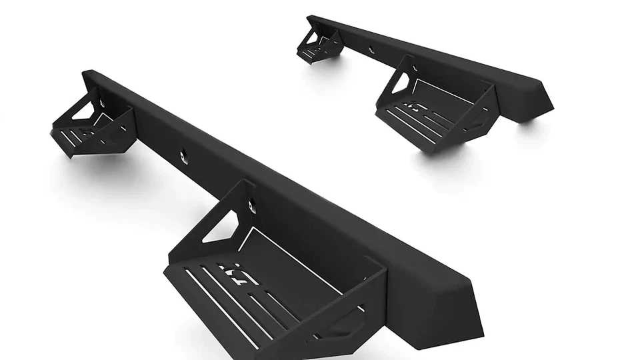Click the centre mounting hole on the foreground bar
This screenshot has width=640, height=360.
pos(183,155)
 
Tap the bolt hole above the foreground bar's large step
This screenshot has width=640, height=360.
pos(252,206)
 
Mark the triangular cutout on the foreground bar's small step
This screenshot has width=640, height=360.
pos(85,109)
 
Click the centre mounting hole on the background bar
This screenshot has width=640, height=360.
pos(372,49)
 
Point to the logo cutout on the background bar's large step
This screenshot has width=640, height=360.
pos(417,107)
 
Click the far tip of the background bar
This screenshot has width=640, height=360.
pos(311,18)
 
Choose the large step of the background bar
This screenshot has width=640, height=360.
pos(433,110)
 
